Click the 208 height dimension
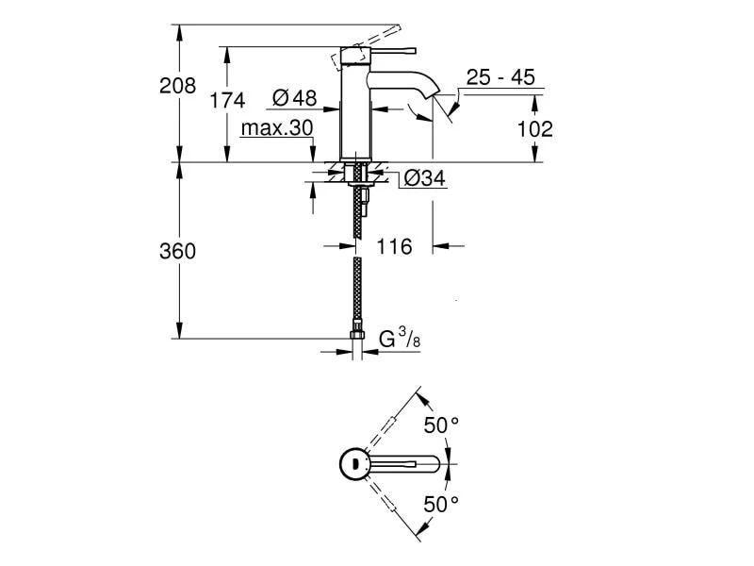[177, 86]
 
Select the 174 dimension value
[227, 100]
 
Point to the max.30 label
[276, 127]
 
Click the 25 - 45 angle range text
[500, 77]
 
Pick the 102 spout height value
[535, 128]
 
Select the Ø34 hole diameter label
[424, 177]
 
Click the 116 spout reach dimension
[394, 247]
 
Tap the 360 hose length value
[177, 251]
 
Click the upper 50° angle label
[440, 425]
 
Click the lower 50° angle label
[440, 505]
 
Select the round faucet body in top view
[354, 463]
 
